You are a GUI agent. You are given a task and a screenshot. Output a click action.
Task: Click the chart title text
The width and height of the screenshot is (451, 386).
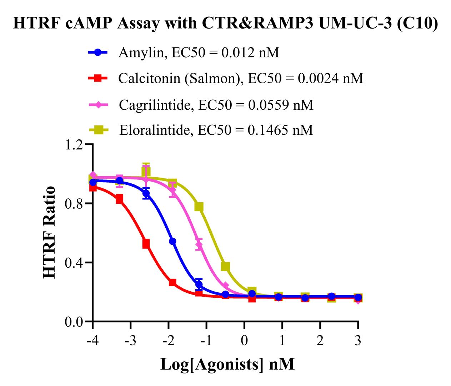click(x=225, y=24)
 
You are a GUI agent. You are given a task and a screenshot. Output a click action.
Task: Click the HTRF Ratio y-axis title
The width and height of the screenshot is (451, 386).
click(x=50, y=232)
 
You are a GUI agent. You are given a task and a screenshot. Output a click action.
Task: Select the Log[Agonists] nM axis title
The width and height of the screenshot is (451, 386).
click(x=227, y=364)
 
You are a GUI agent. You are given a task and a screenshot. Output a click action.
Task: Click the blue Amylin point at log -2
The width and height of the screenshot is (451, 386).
click(x=172, y=241)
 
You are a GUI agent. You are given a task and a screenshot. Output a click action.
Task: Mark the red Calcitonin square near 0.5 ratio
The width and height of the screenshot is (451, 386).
click(x=146, y=244)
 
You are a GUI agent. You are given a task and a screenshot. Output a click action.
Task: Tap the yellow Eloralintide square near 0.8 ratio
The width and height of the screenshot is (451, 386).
click(x=199, y=207)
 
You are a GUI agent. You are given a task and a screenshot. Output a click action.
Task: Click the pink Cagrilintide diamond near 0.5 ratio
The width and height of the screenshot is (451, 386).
click(x=199, y=245)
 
